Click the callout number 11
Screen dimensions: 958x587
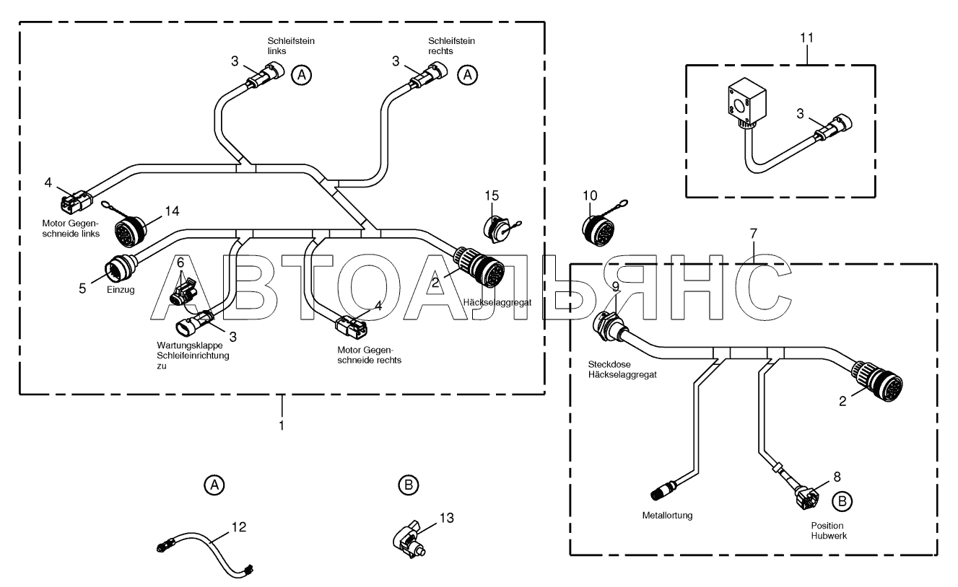(806, 38)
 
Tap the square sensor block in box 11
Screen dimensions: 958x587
(746, 102)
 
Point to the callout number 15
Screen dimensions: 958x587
(492, 195)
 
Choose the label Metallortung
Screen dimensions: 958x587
(667, 515)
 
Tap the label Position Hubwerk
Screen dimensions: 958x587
(829, 531)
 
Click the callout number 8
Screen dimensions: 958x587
(837, 477)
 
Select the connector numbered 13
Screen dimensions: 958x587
(409, 539)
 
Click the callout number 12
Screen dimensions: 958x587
(239, 527)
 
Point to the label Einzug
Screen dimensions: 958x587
(121, 290)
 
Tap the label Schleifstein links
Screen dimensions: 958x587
(291, 45)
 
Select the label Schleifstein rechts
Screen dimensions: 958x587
(452, 45)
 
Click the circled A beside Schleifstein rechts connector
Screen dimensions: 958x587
(468, 75)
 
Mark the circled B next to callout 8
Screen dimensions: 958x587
(842, 502)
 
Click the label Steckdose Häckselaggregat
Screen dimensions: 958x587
(622, 369)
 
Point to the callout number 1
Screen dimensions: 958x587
(282, 425)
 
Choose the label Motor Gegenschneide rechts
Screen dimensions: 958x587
(369, 355)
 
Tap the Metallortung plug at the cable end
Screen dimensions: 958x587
(663, 490)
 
